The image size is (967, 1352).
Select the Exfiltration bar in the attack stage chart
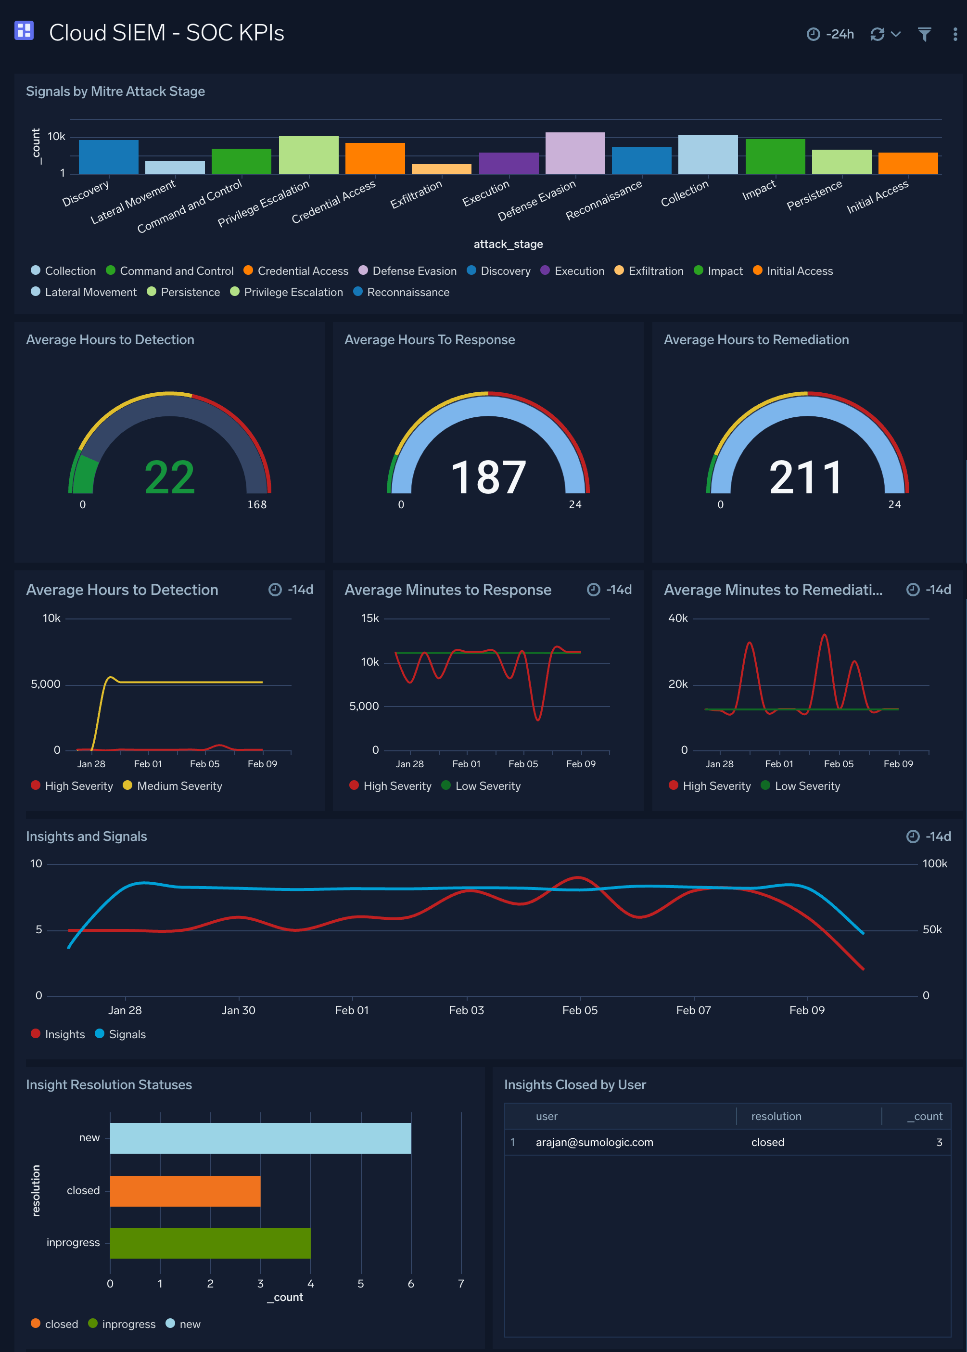point(441,168)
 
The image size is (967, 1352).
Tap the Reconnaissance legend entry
point(407,292)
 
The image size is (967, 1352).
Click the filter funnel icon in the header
point(924,35)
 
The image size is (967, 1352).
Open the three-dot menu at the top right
point(954,35)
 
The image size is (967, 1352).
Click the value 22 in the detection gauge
point(170,477)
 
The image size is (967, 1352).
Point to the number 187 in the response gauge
point(488,477)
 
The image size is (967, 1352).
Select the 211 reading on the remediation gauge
point(806,477)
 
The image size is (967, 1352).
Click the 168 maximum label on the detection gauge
point(256,504)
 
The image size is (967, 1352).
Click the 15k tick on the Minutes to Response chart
point(370,618)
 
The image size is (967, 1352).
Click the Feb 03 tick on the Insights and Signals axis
point(466,1010)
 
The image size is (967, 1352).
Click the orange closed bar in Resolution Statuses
point(185,1191)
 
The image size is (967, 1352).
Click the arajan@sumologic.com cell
point(594,1142)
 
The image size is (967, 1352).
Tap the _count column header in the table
point(924,1116)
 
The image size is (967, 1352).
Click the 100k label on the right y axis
point(934,863)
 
